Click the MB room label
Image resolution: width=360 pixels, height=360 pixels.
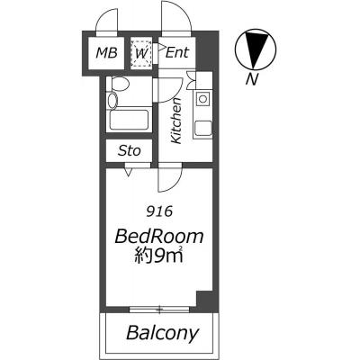click(106, 53)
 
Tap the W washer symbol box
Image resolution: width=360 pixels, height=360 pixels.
click(141, 53)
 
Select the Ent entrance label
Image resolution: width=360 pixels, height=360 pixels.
click(177, 53)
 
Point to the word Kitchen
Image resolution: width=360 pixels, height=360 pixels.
click(176, 121)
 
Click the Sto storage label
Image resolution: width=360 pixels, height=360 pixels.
click(130, 150)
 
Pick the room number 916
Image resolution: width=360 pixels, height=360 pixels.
click(159, 212)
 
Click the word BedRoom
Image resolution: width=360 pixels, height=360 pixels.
click(159, 237)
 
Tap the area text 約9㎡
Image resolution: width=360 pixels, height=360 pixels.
click(158, 256)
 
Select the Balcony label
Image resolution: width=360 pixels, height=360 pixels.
click(162, 333)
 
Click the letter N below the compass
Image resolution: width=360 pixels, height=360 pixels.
click(252, 79)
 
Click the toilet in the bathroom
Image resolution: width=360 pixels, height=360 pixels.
click(119, 84)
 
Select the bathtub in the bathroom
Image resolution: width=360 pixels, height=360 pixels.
click(130, 120)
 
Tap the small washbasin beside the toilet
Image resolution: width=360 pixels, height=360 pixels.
click(112, 100)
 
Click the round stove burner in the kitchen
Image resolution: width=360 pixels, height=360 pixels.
click(203, 99)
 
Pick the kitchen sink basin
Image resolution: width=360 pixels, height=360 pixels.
click(203, 128)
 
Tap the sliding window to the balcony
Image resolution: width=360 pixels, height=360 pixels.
click(159, 310)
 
